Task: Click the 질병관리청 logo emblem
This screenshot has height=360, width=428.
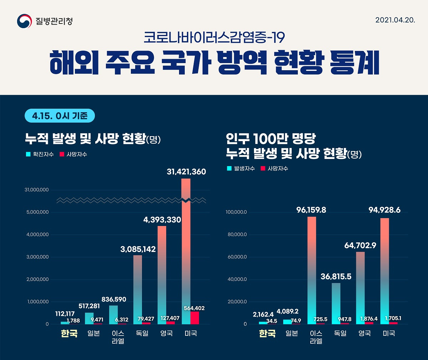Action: pos(24,21)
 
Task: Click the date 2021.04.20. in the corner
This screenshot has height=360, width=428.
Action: pos(395,20)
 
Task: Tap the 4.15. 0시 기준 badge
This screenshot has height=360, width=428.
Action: pos(60,116)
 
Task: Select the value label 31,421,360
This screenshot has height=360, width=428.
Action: pos(186,172)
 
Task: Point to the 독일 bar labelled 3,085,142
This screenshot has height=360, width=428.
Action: pos(137,289)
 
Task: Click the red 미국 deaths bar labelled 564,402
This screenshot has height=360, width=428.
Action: pos(194,318)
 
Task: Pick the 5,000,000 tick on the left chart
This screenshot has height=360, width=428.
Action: pos(37,212)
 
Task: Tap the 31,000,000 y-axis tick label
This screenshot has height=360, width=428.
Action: pos(37,190)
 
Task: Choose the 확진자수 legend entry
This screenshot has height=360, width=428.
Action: pos(40,154)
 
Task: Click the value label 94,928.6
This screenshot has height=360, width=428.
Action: pos(384,210)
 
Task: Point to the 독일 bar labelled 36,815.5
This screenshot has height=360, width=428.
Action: pos(336,303)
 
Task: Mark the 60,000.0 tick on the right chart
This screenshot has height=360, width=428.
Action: pos(236,257)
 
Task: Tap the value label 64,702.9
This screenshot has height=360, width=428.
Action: pos(360,246)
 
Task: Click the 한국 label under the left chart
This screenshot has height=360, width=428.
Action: pos(69,334)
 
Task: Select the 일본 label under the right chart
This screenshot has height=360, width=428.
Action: pos(292,334)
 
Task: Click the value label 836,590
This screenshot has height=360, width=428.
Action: pos(114,299)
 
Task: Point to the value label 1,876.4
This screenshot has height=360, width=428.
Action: pos(369,319)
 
